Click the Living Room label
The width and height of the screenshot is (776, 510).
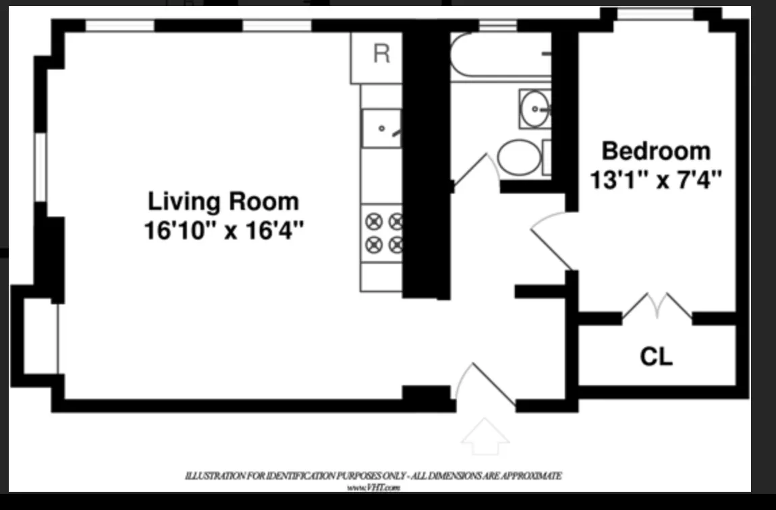223,202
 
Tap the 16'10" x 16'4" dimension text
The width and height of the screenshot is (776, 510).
223,231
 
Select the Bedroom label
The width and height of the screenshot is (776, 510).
656,150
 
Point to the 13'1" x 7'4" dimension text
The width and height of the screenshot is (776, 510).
656,179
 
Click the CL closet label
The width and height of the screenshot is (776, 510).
656,357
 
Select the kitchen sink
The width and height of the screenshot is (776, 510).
381,128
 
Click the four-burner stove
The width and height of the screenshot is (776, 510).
383,233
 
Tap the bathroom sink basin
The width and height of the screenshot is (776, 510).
535,108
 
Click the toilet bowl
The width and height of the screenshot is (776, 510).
519,157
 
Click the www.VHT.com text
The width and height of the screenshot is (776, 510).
374,487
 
